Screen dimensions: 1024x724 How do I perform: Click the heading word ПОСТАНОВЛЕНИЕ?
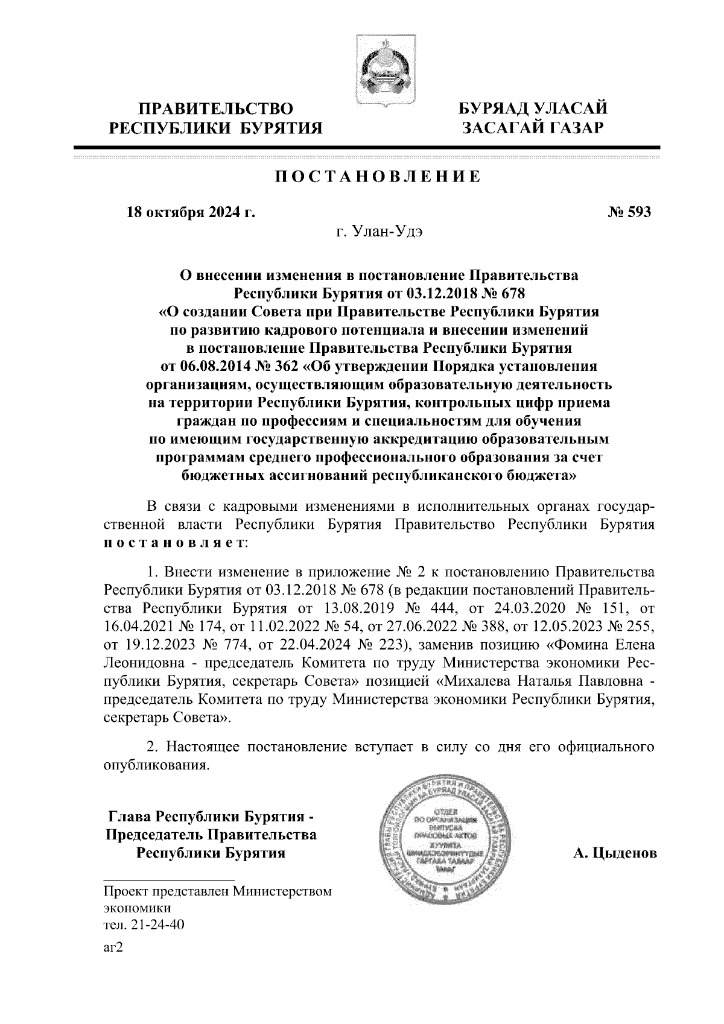[x=378, y=177]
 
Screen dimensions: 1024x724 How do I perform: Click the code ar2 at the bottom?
[x=113, y=948]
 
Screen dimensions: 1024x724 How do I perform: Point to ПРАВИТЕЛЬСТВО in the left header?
[x=215, y=109]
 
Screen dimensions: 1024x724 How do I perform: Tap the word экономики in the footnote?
[x=137, y=908]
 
